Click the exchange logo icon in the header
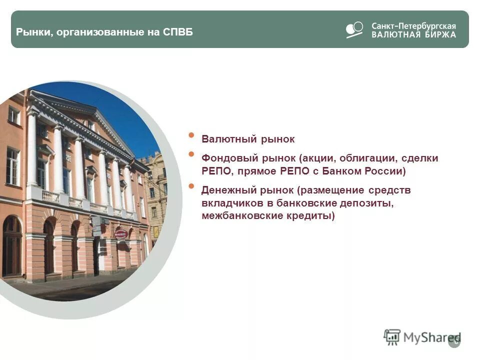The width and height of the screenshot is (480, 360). pyautogui.click(x=354, y=29)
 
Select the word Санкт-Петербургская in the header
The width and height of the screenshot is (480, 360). pyautogui.click(x=413, y=25)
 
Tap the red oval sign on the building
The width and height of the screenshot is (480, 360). pyautogui.click(x=120, y=233)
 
